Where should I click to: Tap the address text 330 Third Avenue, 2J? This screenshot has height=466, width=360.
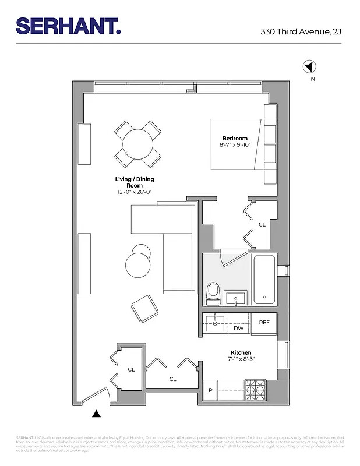click(x=301, y=33)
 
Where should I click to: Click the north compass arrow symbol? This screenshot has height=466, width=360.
click(x=309, y=67)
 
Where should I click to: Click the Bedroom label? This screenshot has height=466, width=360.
click(x=235, y=138)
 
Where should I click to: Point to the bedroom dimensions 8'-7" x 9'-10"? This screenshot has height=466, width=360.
click(x=235, y=145)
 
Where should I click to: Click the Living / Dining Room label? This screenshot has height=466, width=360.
click(x=135, y=182)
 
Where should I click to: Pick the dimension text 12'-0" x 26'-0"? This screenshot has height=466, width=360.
click(x=134, y=192)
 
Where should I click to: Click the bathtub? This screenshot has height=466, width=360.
click(x=264, y=280)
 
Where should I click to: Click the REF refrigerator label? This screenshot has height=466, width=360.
click(x=264, y=322)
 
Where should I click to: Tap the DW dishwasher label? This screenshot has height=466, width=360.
click(x=238, y=329)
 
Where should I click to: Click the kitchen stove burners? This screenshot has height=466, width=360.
click(x=255, y=390)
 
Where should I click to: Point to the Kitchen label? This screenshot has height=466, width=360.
click(x=241, y=353)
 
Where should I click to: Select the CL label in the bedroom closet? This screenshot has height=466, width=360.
click(x=262, y=224)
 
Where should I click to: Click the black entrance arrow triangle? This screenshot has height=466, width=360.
click(x=97, y=414)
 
